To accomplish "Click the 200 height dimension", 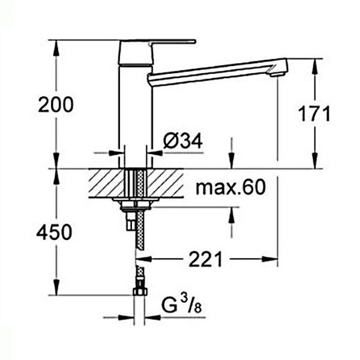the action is pyautogui.click(x=56, y=104).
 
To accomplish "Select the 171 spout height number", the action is pyautogui.click(x=314, y=113).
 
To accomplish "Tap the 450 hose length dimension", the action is pyautogui.click(x=54, y=232).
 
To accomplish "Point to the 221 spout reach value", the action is pyautogui.click(x=205, y=259).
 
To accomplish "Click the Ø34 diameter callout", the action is pyautogui.click(x=183, y=140).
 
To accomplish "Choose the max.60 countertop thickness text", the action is pyautogui.click(x=231, y=187).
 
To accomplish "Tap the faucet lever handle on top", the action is pyautogui.click(x=157, y=52).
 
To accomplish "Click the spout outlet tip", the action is pyautogui.click(x=277, y=74).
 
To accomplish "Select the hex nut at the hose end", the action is pyautogui.click(x=140, y=292).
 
